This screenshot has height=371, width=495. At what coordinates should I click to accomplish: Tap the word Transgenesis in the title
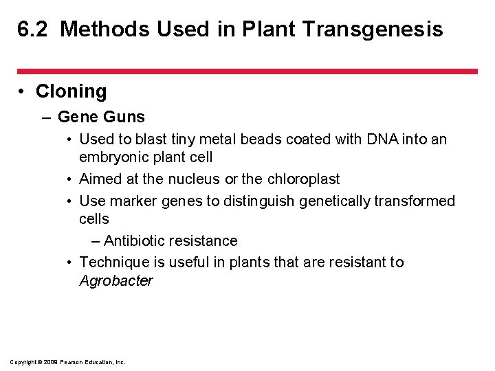point(384,30)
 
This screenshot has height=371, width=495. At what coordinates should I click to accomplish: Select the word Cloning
point(71,91)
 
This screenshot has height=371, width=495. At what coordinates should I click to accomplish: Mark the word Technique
point(114,262)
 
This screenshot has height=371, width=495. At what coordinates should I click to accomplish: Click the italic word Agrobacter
point(116,281)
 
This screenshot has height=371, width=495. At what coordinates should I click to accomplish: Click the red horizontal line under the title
point(247,71)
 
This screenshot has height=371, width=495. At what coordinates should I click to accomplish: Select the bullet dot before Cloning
point(23,92)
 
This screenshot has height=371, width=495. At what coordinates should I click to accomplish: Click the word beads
point(251,139)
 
